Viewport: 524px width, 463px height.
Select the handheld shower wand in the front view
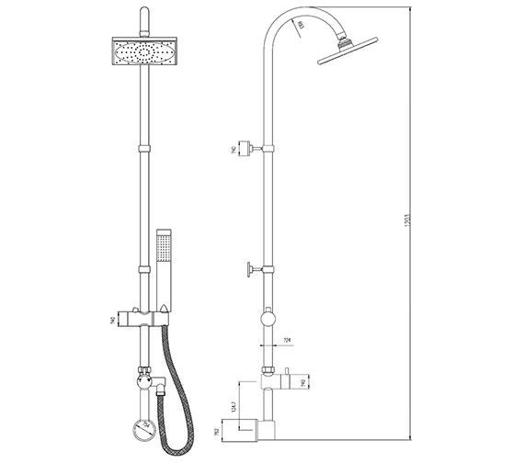pyautogui.click(x=165, y=266)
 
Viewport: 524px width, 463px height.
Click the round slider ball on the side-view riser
pyautogui.click(x=267, y=319)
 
